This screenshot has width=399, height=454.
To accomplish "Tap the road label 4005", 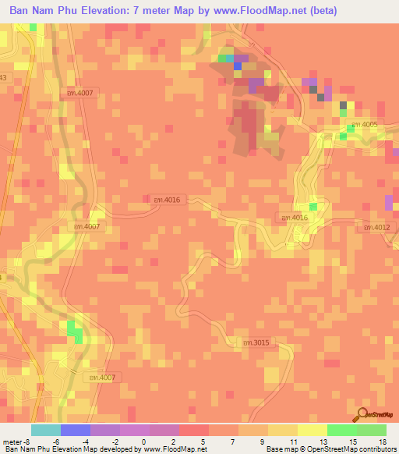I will (364, 125).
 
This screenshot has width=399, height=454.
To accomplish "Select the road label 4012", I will (376, 227).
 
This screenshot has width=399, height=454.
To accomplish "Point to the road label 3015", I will (255, 342).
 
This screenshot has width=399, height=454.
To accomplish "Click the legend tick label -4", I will (85, 442).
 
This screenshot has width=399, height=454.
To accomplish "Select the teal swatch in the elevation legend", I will (46, 430).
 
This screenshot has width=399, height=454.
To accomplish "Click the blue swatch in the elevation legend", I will (76, 430).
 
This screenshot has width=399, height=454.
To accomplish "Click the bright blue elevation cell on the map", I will (237, 66).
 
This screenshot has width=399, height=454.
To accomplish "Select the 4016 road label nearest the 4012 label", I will (294, 218).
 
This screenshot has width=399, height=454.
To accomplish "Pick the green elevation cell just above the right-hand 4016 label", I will (313, 206).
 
